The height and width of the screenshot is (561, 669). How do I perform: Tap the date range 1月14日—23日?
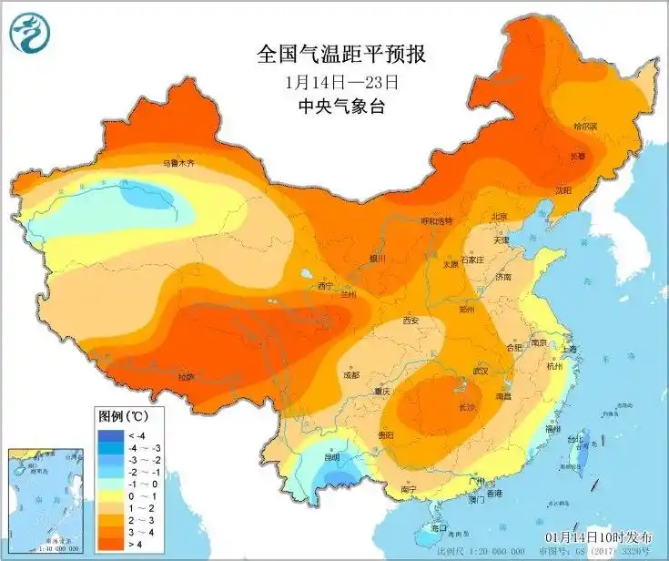(x=342, y=80)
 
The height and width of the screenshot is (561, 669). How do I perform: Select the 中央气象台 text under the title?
(x=342, y=106)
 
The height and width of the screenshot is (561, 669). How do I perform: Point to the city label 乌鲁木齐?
(x=179, y=164)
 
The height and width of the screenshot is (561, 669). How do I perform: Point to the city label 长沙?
(x=467, y=406)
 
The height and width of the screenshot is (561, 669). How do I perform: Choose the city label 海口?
(x=439, y=527)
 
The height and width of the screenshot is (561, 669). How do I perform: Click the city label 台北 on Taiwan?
(x=576, y=439)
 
